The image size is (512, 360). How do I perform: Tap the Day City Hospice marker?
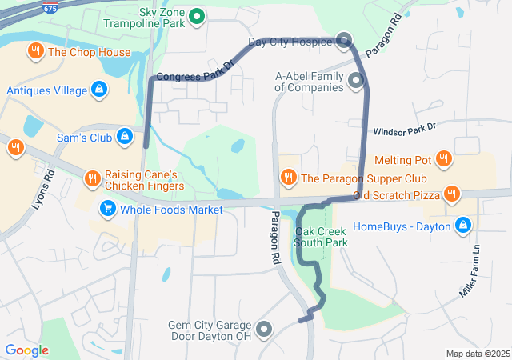click(345, 40)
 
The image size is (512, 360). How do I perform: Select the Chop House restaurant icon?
click(35, 53)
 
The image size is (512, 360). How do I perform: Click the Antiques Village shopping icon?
click(99, 90)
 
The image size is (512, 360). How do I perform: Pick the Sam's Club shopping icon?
click(124, 138)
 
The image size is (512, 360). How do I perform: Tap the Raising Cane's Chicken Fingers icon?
click(92, 178)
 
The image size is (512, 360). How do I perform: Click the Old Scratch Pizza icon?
click(452, 193)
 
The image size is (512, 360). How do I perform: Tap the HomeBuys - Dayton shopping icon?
click(462, 226)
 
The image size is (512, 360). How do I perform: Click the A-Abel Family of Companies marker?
click(355, 80)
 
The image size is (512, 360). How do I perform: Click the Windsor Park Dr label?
click(404, 128)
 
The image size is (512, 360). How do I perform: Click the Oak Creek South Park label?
click(320, 237)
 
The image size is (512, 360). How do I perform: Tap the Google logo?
click(26, 350)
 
